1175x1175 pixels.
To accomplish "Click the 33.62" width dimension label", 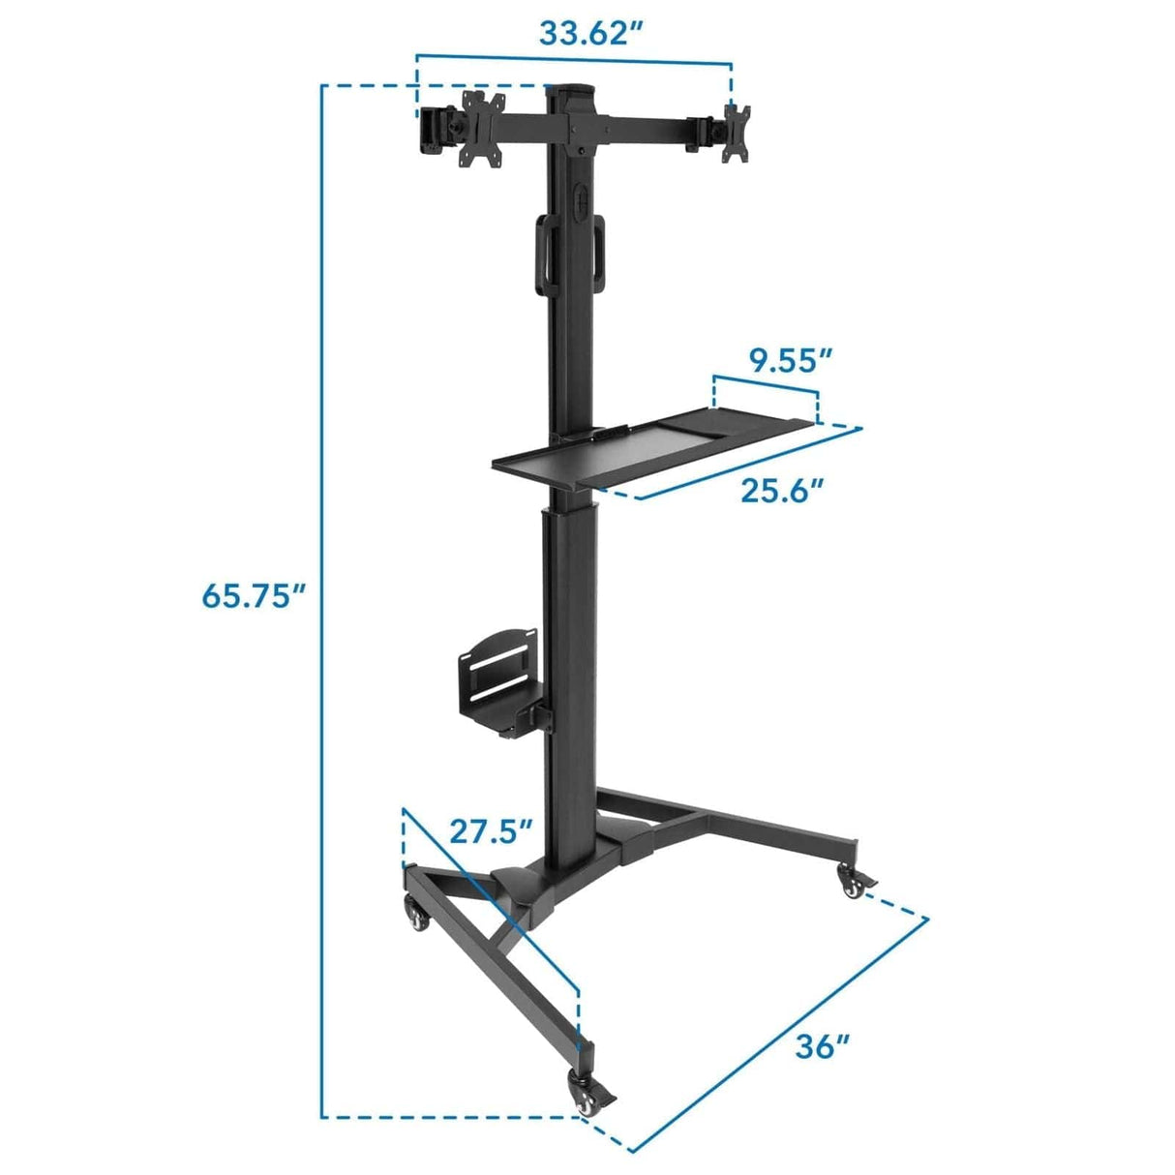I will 591,32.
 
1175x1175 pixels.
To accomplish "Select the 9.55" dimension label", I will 791,361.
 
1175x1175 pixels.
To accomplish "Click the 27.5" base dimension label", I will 491,831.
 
